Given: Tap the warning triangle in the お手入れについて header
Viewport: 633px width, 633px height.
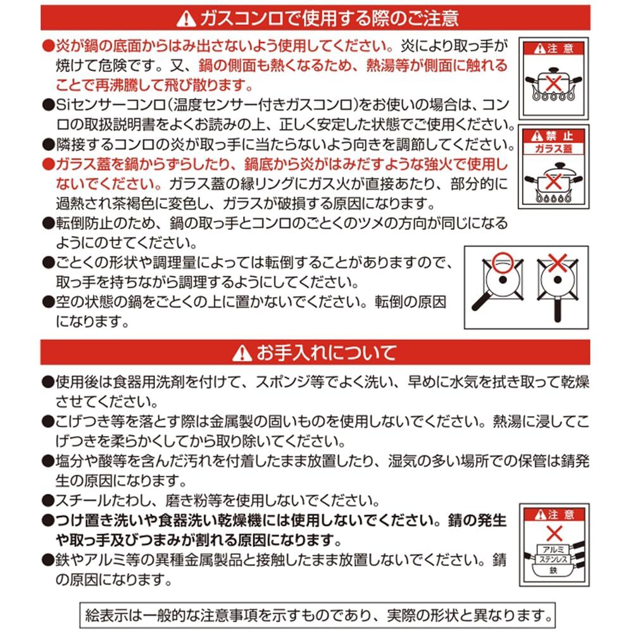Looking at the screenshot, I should (241, 353).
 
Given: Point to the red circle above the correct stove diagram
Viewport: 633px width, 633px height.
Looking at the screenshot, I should (502, 260).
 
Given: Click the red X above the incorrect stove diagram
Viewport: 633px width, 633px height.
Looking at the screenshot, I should (558, 260).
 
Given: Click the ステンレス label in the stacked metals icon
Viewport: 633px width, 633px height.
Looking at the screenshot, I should (553, 560).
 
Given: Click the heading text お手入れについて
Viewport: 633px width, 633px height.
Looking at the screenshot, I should (326, 352).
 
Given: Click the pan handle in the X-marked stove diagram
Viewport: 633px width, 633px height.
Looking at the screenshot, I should (558, 308).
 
